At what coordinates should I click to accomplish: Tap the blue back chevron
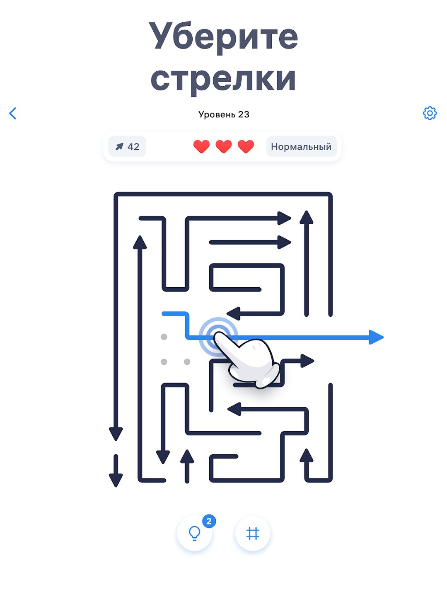tap(13, 113)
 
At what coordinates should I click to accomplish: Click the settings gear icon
tap(430, 113)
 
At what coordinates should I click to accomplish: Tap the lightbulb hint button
tap(195, 533)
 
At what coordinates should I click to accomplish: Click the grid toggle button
tap(253, 533)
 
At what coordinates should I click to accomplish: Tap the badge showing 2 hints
tap(209, 521)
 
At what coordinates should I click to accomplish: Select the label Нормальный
tap(301, 147)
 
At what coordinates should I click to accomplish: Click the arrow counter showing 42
tap(127, 147)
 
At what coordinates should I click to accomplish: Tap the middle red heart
tap(223, 147)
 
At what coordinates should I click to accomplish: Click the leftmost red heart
tap(201, 147)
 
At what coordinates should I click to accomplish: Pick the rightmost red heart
tap(246, 147)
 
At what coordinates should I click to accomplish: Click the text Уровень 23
tap(224, 114)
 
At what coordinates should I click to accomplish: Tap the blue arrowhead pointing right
tap(376, 337)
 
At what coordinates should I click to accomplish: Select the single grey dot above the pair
tap(164, 337)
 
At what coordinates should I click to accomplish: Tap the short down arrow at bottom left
tap(116, 470)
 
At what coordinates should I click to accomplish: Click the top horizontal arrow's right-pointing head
tap(284, 218)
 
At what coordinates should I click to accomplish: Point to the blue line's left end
tap(163, 313)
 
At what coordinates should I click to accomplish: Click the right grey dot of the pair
tap(187, 362)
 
